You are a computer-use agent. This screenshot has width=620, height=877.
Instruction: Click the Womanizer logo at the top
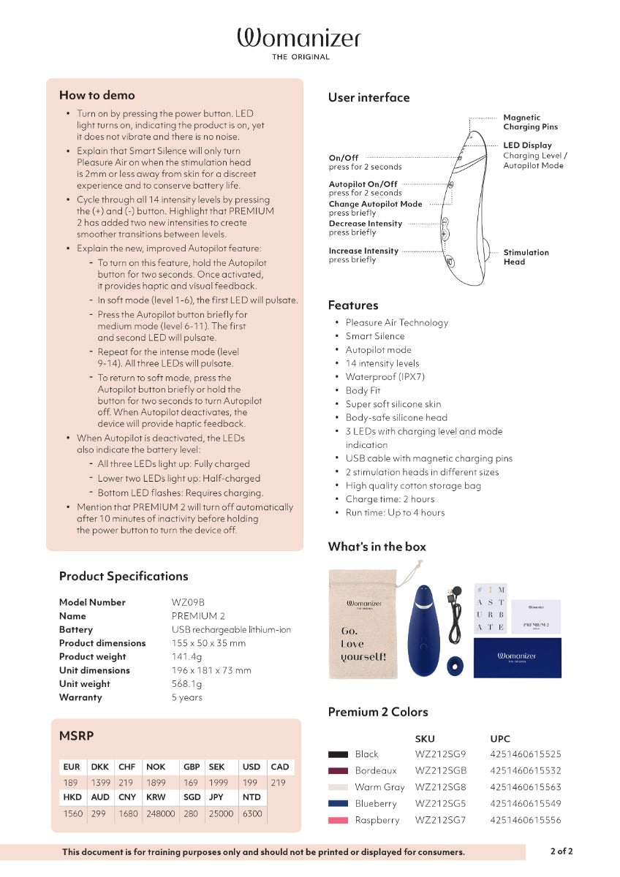pyautogui.click(x=298, y=40)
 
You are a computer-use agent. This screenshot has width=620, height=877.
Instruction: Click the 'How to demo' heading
pyautogui.click(x=97, y=95)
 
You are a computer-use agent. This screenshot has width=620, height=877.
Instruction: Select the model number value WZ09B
pyautogui.click(x=188, y=602)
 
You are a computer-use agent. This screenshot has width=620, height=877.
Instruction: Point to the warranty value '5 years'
pyautogui.click(x=186, y=697)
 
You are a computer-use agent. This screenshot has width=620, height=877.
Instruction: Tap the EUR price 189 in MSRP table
pyautogui.click(x=71, y=782)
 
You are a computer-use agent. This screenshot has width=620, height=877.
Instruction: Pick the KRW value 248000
pyautogui.click(x=160, y=813)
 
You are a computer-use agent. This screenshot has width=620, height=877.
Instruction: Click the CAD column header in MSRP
pyautogui.click(x=279, y=767)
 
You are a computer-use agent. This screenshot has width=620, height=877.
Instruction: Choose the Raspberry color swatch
pyautogui.click(x=338, y=821)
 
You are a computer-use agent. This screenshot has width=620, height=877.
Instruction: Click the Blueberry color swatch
pyautogui.click(x=338, y=804)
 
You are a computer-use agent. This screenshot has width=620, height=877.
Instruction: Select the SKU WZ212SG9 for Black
pyautogui.click(x=440, y=753)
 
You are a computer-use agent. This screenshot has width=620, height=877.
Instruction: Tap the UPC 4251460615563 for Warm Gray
pyautogui.click(x=526, y=787)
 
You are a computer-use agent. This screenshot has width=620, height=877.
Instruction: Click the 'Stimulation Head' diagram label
pyautogui.click(x=526, y=257)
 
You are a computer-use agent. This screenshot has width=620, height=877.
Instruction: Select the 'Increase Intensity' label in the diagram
pyautogui.click(x=363, y=251)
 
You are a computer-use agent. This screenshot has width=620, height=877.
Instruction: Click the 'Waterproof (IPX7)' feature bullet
pyautogui.click(x=385, y=377)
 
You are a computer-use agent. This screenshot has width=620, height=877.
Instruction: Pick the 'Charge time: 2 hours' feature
pyautogui.click(x=390, y=499)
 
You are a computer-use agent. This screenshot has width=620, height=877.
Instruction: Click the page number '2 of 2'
pyautogui.click(x=562, y=851)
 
